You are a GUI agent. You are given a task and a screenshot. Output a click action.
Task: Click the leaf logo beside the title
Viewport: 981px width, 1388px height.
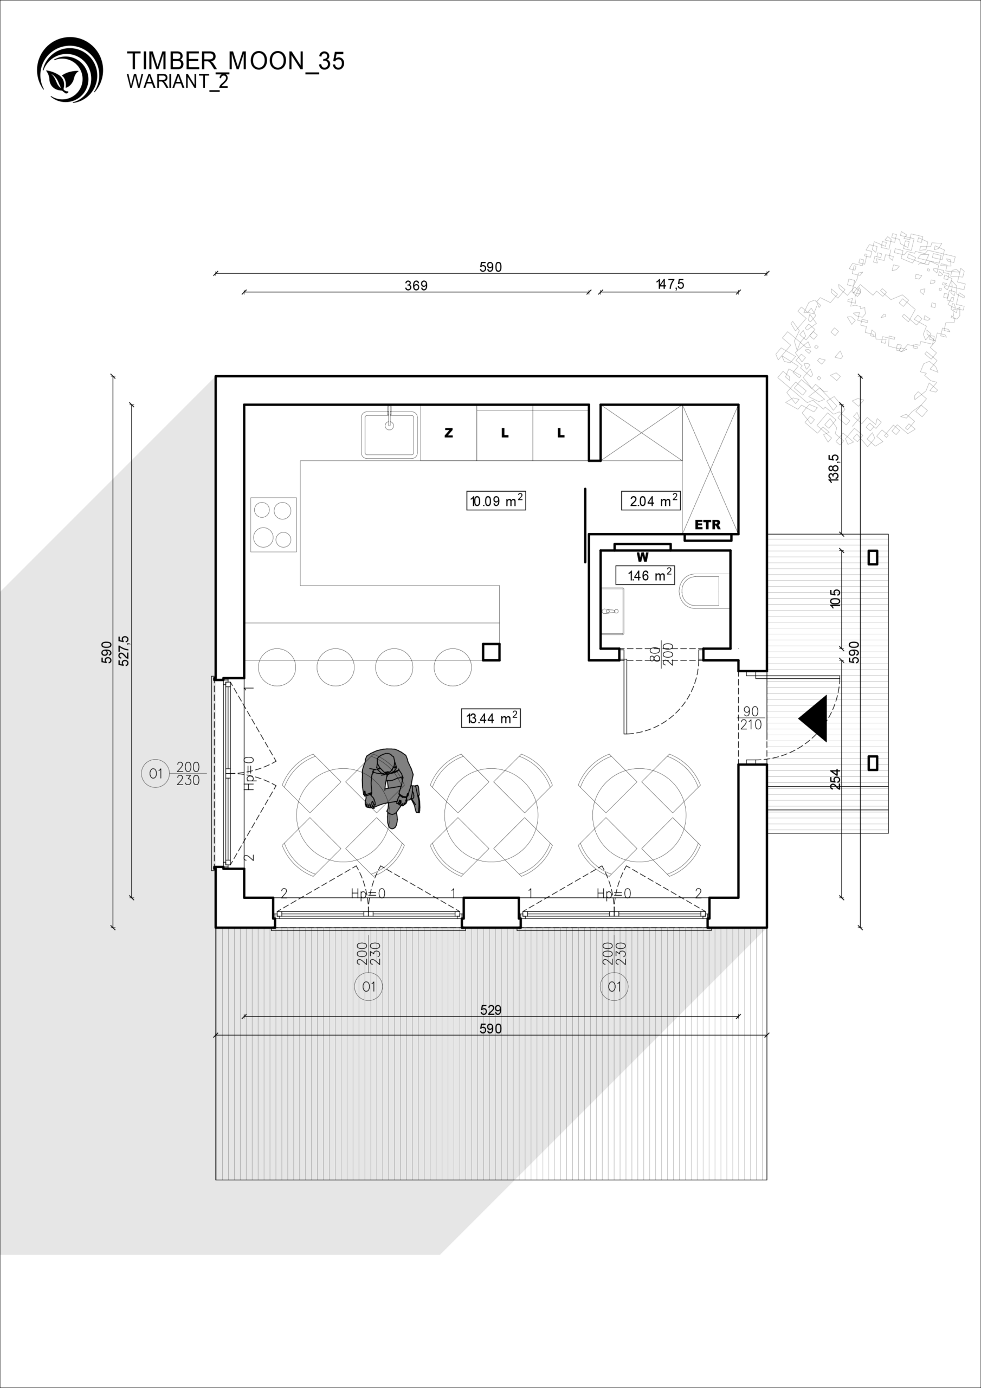tap(69, 69)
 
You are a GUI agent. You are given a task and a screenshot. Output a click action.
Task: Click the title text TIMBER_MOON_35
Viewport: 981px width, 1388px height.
tap(236, 61)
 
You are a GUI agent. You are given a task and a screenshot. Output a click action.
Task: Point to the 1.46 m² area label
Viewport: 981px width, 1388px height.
tap(645, 575)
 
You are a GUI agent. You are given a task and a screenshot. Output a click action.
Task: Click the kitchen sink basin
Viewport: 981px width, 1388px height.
tap(390, 434)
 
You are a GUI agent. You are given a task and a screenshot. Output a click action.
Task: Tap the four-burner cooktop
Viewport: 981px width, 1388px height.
tap(274, 524)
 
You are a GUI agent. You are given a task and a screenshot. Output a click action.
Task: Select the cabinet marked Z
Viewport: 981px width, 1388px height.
tap(448, 433)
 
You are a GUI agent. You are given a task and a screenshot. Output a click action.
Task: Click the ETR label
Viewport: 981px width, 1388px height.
tap(708, 525)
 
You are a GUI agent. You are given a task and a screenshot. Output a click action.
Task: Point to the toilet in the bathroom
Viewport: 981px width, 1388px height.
tap(700, 591)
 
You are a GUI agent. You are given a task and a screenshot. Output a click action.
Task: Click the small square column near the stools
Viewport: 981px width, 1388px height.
tap(491, 652)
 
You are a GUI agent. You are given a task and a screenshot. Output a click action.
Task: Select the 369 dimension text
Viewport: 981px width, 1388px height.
tap(416, 285)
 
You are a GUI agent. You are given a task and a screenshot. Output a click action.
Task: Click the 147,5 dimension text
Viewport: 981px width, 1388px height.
tap(670, 284)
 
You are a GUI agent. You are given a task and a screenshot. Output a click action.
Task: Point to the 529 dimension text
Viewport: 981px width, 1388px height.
tap(491, 1010)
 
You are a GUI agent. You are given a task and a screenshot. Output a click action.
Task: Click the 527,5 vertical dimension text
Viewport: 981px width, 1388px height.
tap(124, 651)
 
